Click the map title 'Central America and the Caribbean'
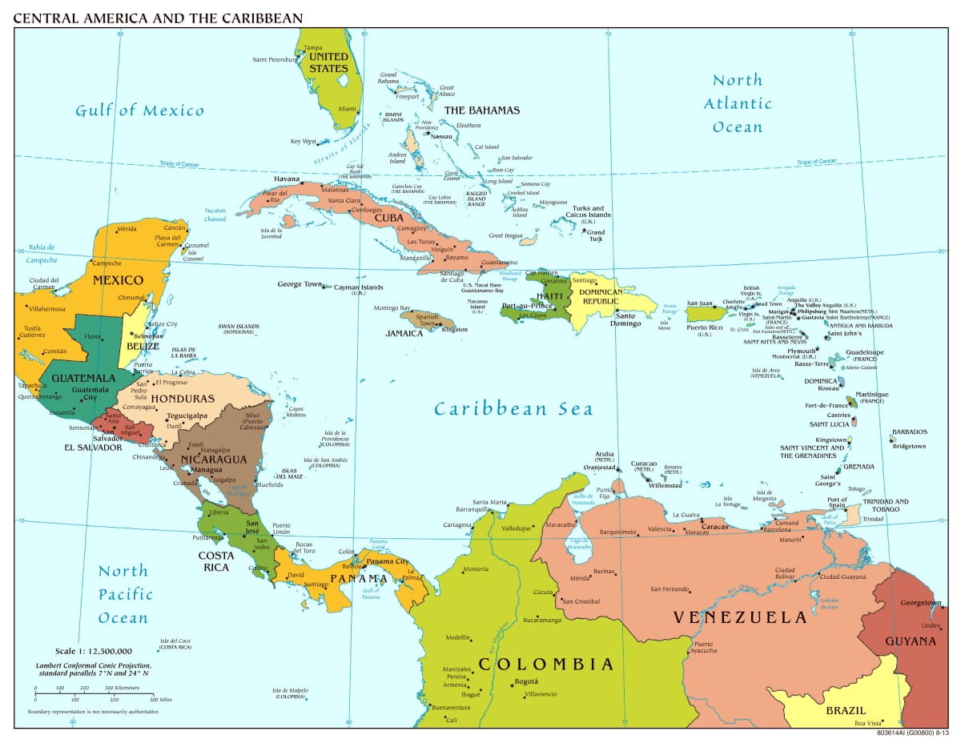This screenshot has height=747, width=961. [x=158, y=17]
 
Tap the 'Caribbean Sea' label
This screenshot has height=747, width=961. [x=513, y=409]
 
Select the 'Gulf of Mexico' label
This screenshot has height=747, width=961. [x=139, y=110]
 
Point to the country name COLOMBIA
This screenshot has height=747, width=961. [x=545, y=665]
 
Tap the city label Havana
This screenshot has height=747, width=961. [x=287, y=179]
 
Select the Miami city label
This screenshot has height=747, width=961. [x=347, y=109]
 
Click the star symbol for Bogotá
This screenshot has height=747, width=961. [x=513, y=683]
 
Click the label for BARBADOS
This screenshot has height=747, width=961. [x=908, y=432]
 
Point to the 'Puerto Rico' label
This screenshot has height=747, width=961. [x=705, y=327]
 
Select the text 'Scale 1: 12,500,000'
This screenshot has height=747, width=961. [x=94, y=651]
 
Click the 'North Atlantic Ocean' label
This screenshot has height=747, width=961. [x=738, y=103]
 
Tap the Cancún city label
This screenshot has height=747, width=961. [x=175, y=228]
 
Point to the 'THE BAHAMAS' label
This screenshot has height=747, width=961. [x=481, y=110]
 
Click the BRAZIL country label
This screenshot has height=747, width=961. [x=846, y=710]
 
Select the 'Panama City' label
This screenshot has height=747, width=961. [x=388, y=561]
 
